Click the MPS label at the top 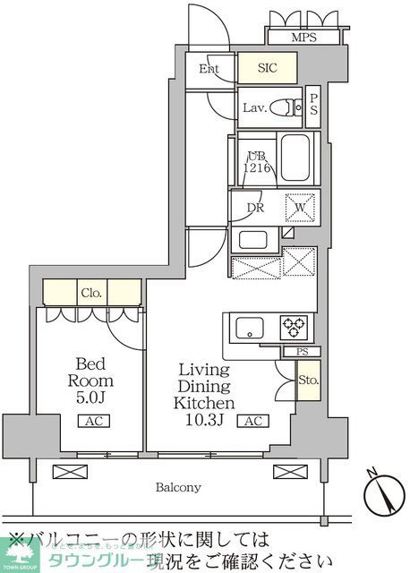(304, 38)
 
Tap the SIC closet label (267, 67)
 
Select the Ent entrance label (209, 68)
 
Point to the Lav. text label (253, 108)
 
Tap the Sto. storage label (308, 381)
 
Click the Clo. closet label (93, 292)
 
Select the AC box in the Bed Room (92, 422)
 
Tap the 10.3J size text (204, 421)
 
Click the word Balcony (175, 487)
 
